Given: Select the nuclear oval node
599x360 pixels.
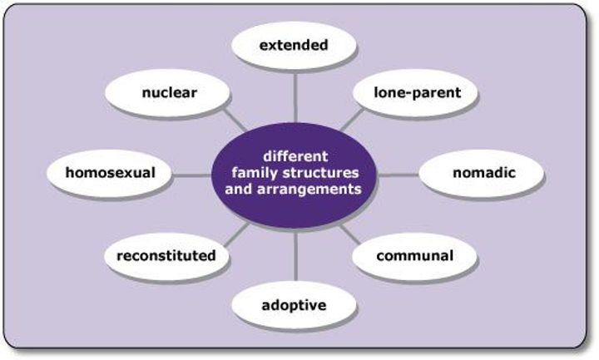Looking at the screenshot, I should (x=170, y=92).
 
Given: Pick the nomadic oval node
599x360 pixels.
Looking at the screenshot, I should (x=483, y=174).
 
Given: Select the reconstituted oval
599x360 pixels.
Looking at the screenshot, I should (x=166, y=256).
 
